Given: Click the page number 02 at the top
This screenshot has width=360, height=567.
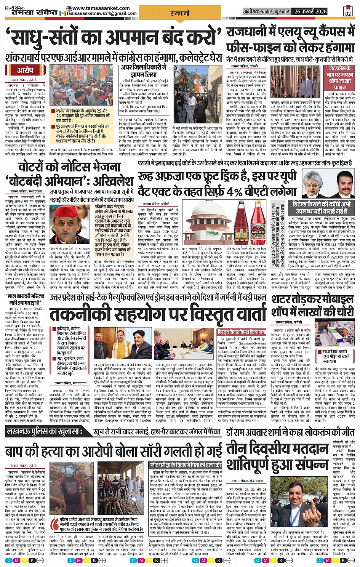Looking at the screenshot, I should [x=347, y=11].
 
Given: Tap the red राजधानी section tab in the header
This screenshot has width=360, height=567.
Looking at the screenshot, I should [x=179, y=13].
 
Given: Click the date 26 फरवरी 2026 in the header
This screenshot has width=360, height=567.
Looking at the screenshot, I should [x=310, y=11].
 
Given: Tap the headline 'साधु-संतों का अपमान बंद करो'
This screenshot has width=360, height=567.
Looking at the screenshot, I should [x=114, y=39].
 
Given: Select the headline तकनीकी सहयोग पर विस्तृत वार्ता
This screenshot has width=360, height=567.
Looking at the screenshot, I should [x=158, y=315].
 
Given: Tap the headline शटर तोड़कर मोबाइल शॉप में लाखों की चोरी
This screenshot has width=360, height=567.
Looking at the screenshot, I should [x=313, y=306].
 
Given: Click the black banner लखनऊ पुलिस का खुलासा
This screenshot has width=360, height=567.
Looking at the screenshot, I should [x=50, y=432].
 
